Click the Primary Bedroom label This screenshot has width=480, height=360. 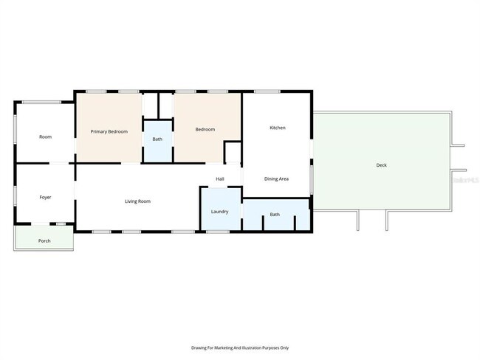click(109, 131)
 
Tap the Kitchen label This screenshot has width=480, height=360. click(277, 128)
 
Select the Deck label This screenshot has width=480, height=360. click(381, 165)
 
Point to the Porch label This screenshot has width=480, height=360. click(44, 240)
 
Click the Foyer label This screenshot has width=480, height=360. click(45, 197)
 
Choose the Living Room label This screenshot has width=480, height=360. click(137, 201)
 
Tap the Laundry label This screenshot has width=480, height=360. click(219, 212)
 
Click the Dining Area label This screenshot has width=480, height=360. click(277, 179)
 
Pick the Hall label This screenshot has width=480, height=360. click(220, 179)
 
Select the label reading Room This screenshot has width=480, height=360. click(45, 136)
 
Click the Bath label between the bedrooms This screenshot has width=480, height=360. click(157, 139)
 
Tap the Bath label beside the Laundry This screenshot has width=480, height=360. click(275, 215)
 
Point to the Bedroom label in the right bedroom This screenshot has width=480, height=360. click(205, 130)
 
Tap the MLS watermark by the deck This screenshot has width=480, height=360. click(465, 179)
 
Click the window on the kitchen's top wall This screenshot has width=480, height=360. click(267, 91)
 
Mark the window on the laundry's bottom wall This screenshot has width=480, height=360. click(217, 232)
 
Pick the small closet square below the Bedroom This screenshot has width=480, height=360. click(233, 152)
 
